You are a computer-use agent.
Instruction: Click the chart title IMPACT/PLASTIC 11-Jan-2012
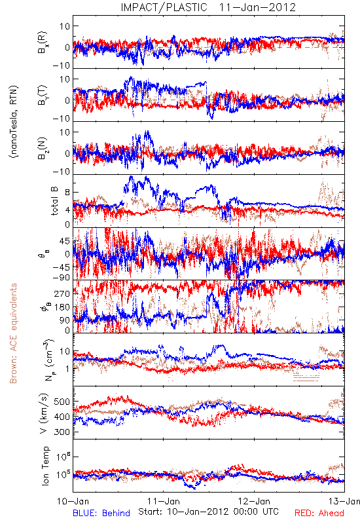point(208,7)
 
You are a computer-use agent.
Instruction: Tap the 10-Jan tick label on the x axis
point(73,501)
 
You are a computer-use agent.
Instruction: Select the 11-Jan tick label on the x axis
point(164,501)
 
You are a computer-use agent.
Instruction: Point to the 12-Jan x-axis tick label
point(255,501)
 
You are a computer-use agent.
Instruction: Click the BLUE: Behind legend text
point(101,513)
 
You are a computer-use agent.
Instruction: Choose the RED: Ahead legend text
point(319,513)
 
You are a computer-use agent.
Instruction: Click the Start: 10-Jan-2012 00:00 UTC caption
point(208,512)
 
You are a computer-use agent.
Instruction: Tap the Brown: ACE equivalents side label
point(13,333)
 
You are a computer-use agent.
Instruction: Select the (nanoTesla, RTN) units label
point(14,122)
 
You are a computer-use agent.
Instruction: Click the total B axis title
point(54,201)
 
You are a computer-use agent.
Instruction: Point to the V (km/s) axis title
point(44,413)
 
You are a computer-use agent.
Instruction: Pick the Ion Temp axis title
point(45,466)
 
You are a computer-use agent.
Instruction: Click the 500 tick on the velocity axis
point(62,402)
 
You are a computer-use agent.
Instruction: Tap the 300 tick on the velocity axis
point(62,432)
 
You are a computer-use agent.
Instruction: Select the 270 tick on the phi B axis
point(62,293)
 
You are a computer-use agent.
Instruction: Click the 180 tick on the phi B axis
point(62,307)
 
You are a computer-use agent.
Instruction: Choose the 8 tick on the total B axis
point(67,193)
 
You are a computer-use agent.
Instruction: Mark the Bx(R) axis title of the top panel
point(43,42)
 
